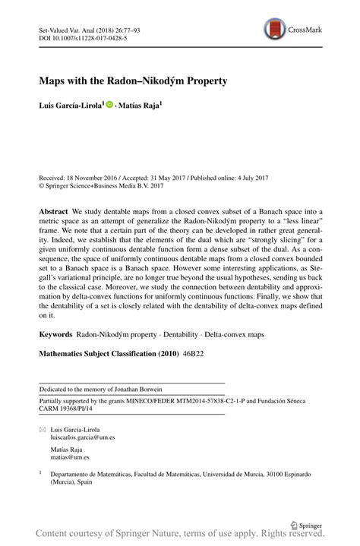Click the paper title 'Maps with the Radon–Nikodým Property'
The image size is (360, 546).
(x=133, y=79)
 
